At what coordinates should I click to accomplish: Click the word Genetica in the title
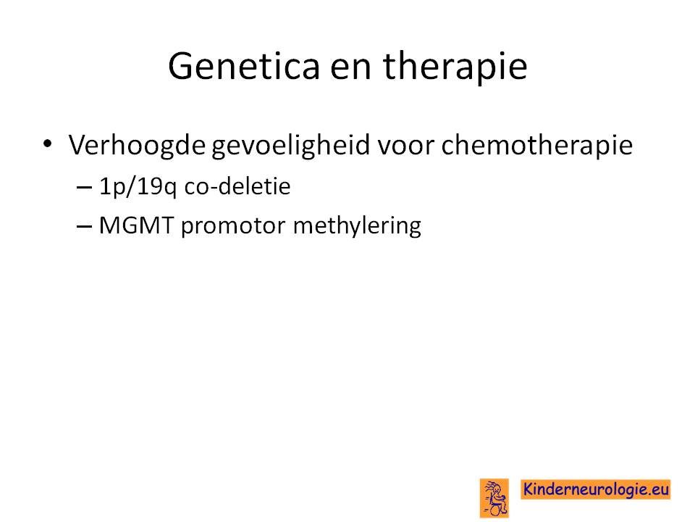(244, 66)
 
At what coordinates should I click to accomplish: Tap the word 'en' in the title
(350, 70)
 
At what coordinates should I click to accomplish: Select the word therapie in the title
(455, 67)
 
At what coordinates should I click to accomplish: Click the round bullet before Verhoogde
(48, 144)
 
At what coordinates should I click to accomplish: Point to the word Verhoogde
(137, 146)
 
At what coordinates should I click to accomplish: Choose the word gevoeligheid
(290, 146)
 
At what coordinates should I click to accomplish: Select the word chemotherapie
(536, 146)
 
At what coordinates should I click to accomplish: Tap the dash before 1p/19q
(84, 187)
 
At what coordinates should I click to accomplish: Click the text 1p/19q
(138, 187)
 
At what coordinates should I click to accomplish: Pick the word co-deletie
(237, 186)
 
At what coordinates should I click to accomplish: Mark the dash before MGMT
(84, 226)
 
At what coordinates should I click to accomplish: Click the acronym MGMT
(136, 225)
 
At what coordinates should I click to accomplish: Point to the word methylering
(357, 226)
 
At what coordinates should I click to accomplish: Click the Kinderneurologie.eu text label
(595, 489)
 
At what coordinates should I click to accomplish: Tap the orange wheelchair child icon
(494, 498)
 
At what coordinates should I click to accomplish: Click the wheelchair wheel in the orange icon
(497, 509)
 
